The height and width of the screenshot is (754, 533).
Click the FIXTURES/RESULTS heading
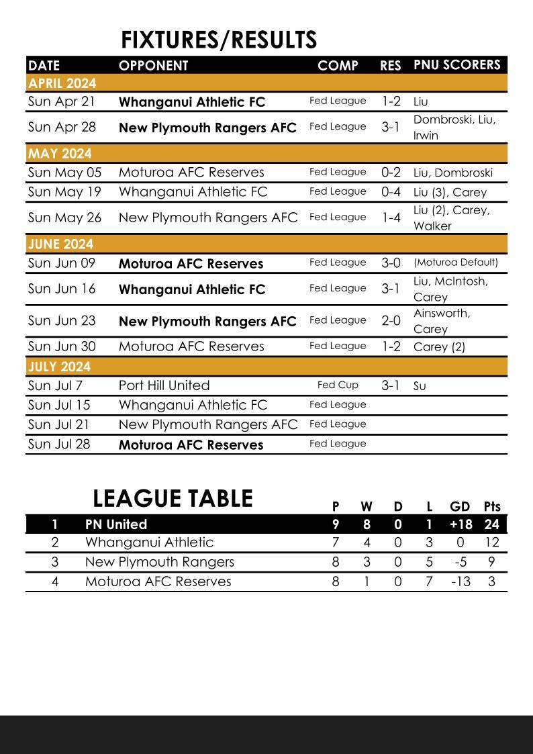click(x=219, y=40)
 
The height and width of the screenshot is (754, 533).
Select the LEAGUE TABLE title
click(x=173, y=499)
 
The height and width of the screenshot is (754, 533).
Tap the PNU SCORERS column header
click(x=456, y=65)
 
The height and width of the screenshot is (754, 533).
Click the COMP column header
click(x=338, y=66)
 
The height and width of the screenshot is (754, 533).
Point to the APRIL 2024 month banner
click(x=62, y=83)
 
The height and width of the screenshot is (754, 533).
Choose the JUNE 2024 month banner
click(x=60, y=244)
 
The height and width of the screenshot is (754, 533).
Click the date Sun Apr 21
click(x=62, y=102)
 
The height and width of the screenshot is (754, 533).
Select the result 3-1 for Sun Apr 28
click(x=390, y=127)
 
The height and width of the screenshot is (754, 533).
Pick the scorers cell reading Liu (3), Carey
click(x=450, y=192)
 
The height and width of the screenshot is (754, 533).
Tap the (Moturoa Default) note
click(x=456, y=263)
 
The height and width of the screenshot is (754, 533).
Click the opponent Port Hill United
click(x=164, y=385)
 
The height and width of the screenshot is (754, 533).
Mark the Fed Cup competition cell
click(x=338, y=385)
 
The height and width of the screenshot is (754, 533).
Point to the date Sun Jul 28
click(x=59, y=444)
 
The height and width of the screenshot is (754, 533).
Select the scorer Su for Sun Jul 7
click(x=420, y=386)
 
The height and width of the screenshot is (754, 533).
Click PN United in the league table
click(x=116, y=524)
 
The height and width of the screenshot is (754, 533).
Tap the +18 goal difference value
click(x=460, y=524)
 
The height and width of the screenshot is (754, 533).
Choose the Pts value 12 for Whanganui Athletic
click(x=491, y=543)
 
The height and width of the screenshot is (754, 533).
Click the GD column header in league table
click(x=460, y=506)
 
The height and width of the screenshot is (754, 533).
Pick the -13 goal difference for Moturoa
click(x=460, y=581)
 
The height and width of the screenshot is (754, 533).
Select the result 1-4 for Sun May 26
click(x=390, y=218)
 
